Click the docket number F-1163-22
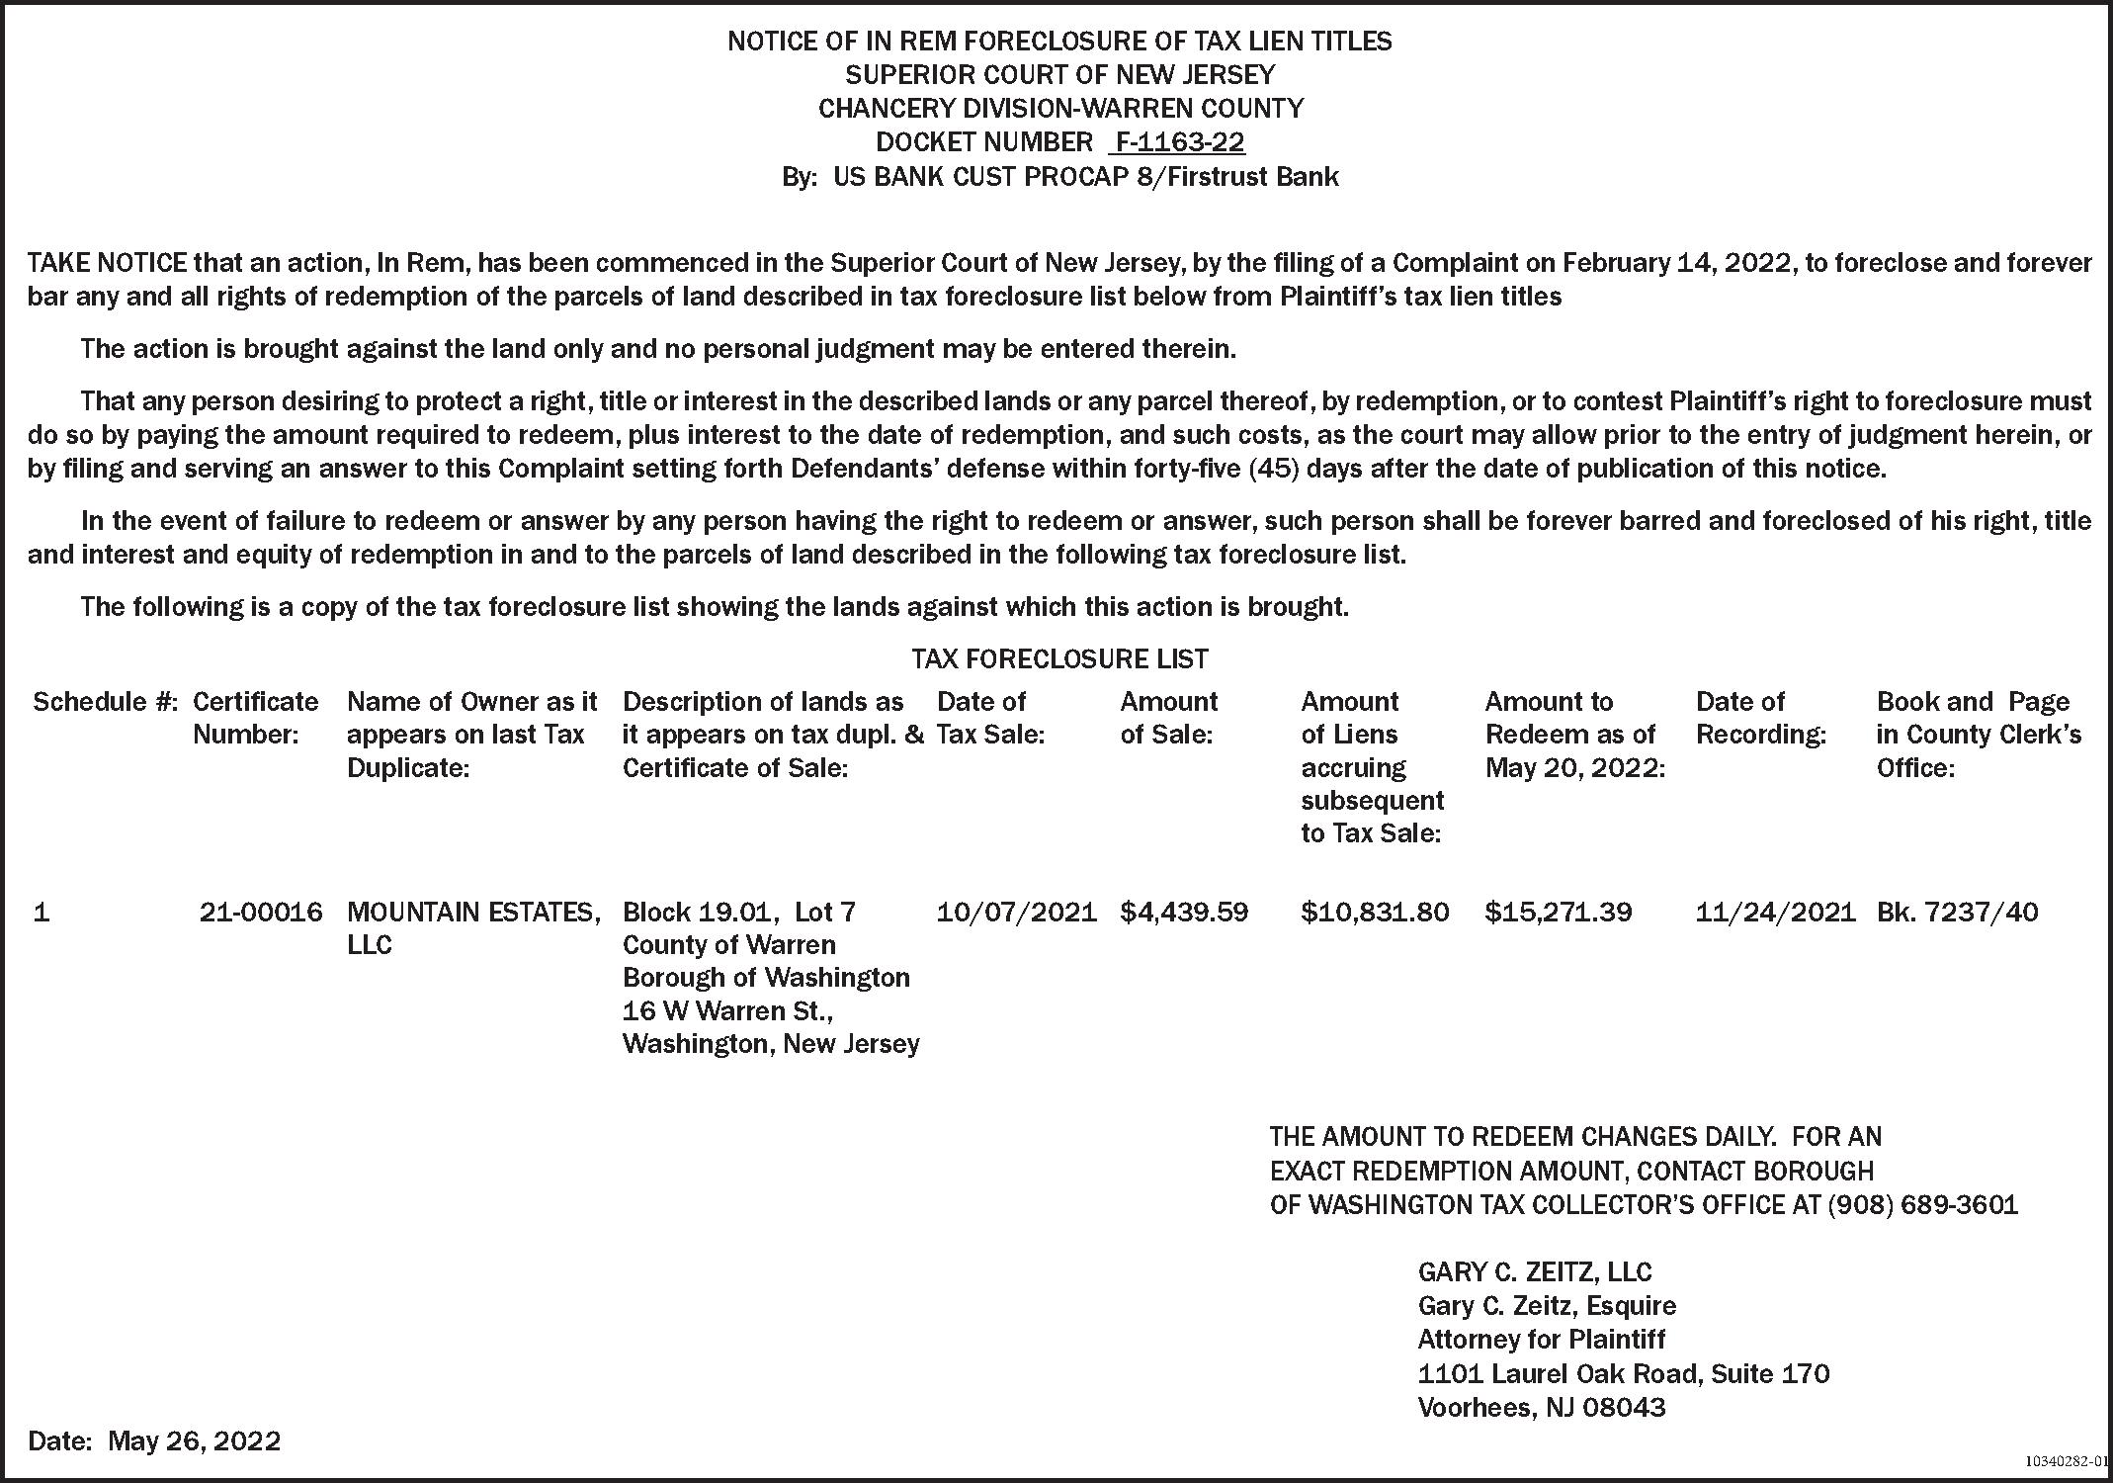[x=1178, y=142]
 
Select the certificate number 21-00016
[x=261, y=912]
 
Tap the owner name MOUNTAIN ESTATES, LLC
[x=473, y=926]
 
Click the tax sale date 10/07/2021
[x=1016, y=912]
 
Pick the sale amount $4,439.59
[x=1184, y=912]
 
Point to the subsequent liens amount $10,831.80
[x=1375, y=912]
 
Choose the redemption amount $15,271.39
[x=1558, y=912]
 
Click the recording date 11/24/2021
[x=1775, y=912]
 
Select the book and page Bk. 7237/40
[x=1957, y=912]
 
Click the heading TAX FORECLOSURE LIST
[x=1059, y=658]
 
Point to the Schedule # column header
[x=105, y=702]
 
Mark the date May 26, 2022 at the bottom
[x=194, y=1440]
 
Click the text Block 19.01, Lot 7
[x=739, y=912]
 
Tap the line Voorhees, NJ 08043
[x=1541, y=1407]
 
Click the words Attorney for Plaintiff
[x=1541, y=1340]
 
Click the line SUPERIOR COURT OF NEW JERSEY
[x=1059, y=75]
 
